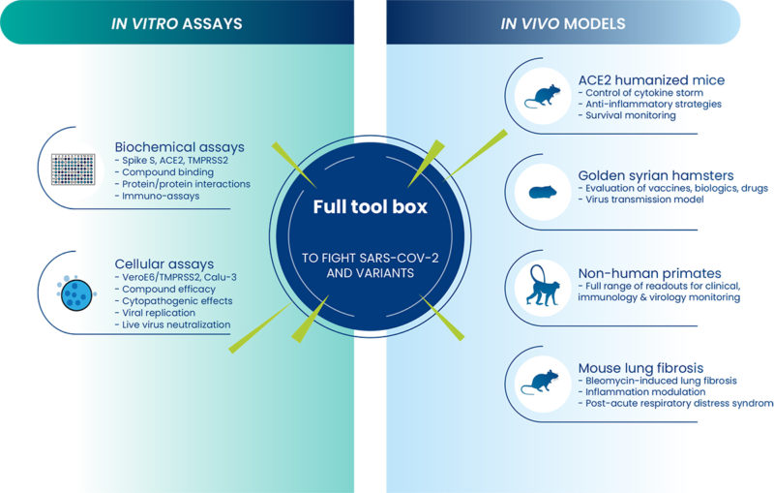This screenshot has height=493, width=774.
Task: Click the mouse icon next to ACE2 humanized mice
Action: tap(542, 93)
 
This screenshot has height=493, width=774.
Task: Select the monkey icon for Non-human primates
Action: tap(543, 286)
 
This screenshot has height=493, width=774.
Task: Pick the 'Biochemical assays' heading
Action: tap(179, 146)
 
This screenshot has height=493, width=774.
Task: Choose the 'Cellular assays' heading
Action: tap(164, 263)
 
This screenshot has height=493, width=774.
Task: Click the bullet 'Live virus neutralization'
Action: tap(173, 324)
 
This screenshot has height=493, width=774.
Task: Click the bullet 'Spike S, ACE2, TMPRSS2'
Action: tap(173, 160)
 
